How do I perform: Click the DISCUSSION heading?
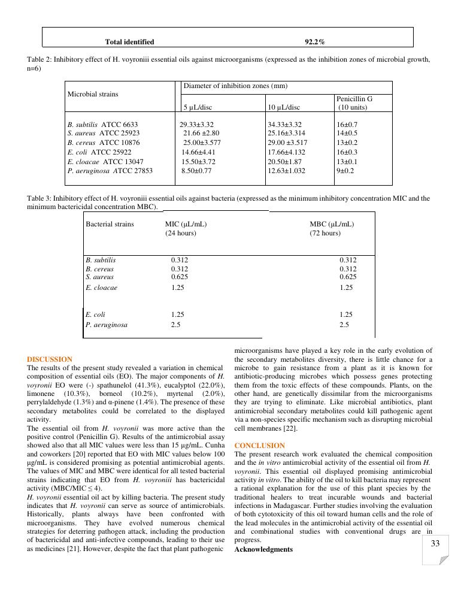(50, 359)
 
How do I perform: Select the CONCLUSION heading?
(260, 446)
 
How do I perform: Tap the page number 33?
(435, 543)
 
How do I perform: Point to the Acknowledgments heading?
(263, 549)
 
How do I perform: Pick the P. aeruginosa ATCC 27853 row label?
(110, 171)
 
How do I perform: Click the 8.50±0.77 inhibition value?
(197, 171)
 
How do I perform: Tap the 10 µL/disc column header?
(284, 107)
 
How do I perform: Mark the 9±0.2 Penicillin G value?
(345, 171)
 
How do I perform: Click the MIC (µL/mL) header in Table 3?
(186, 224)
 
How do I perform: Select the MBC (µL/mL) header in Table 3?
(332, 224)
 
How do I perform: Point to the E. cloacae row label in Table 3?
(101, 288)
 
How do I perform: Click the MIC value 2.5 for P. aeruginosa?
(176, 325)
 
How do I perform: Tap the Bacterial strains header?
(110, 224)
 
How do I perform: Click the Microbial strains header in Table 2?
(93, 94)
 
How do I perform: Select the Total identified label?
(129, 42)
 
